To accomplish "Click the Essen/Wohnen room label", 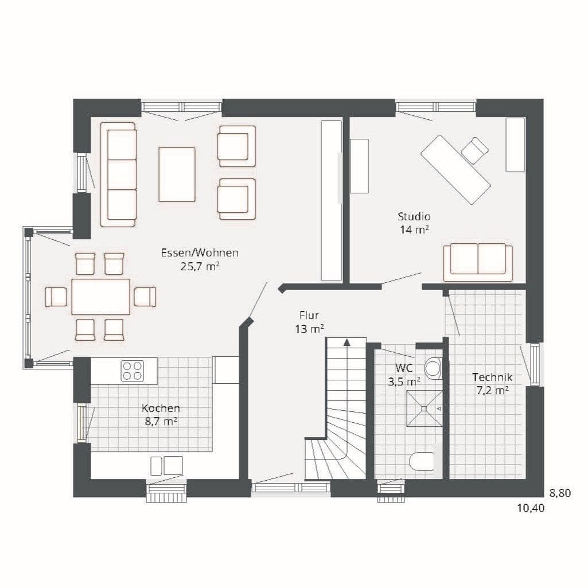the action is [x=200, y=253].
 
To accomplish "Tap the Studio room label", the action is [x=414, y=216].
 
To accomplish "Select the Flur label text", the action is [x=309, y=315].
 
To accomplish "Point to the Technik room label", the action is [x=492, y=377].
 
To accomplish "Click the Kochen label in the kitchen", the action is [x=161, y=408].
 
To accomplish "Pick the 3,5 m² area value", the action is [x=404, y=381].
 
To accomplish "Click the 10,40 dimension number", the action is [x=531, y=508].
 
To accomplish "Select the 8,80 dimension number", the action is [x=560, y=493].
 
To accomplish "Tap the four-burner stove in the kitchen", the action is [x=133, y=371].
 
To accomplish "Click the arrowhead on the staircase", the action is [x=347, y=342].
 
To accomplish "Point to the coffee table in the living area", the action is [x=177, y=174].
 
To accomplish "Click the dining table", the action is [x=101, y=297].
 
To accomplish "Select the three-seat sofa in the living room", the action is [x=119, y=174].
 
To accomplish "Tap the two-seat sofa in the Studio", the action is [x=478, y=262].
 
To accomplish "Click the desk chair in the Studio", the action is [x=475, y=150].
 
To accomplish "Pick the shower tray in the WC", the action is [x=424, y=408].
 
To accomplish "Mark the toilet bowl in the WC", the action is [x=422, y=461].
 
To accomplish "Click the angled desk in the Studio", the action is [x=455, y=169].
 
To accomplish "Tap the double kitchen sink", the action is [x=166, y=465].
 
